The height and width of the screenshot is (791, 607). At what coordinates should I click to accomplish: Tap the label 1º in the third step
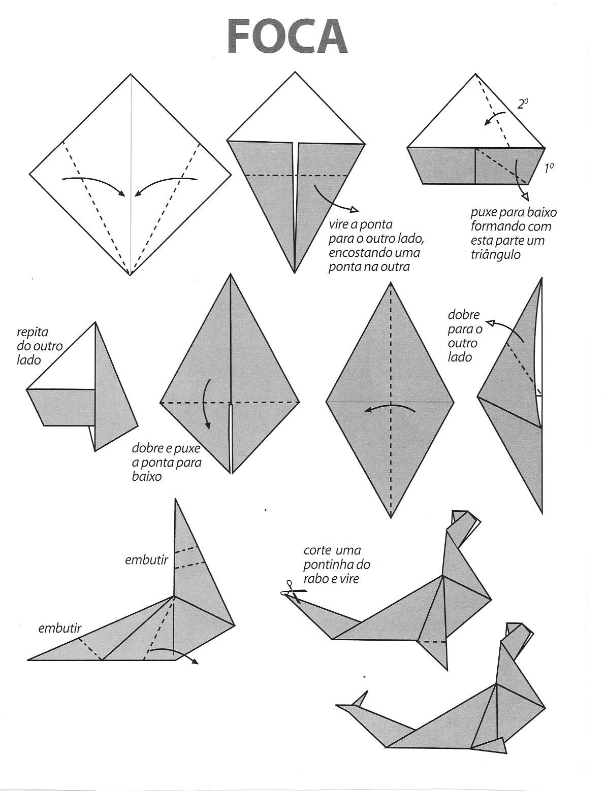click(x=548, y=169)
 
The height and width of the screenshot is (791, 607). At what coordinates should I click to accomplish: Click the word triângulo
click(x=495, y=254)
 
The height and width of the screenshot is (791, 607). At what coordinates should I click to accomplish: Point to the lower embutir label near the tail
click(x=59, y=629)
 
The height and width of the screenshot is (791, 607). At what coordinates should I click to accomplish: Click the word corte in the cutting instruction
click(x=317, y=550)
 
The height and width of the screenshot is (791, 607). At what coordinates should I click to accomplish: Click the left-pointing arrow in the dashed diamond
click(x=389, y=409)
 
